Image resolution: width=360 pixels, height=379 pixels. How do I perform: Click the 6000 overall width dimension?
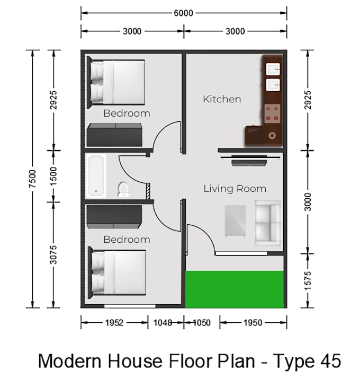[183, 13]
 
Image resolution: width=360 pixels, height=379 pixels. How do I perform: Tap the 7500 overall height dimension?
[32, 179]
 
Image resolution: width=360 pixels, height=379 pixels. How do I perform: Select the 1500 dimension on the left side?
[53, 176]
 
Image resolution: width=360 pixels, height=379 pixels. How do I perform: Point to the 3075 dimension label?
[53, 254]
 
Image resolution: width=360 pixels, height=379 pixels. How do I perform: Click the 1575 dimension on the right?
[308, 280]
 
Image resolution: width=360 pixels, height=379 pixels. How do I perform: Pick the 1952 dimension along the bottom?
[114, 323]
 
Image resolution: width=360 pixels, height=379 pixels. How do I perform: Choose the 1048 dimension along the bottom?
[163, 323]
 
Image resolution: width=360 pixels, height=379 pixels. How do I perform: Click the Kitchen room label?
[222, 99]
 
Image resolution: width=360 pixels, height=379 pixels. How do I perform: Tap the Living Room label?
[235, 189]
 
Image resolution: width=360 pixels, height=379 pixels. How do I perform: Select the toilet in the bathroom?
[123, 190]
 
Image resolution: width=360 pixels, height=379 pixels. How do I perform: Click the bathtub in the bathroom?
[96, 176]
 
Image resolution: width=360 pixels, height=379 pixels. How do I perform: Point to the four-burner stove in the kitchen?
[272, 113]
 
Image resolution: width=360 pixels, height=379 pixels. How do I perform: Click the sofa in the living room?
[268, 223]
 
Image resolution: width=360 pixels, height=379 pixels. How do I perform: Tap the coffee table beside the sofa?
[235, 221]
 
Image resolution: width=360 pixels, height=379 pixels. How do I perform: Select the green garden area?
[235, 289]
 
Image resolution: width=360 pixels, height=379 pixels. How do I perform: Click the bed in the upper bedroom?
[116, 82]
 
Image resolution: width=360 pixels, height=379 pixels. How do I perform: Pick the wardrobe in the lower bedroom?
[114, 217]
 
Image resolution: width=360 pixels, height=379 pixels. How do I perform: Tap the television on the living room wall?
[250, 160]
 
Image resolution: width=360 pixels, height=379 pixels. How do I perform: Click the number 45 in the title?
[331, 361]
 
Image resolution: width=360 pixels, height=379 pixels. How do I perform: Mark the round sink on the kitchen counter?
[272, 136]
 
